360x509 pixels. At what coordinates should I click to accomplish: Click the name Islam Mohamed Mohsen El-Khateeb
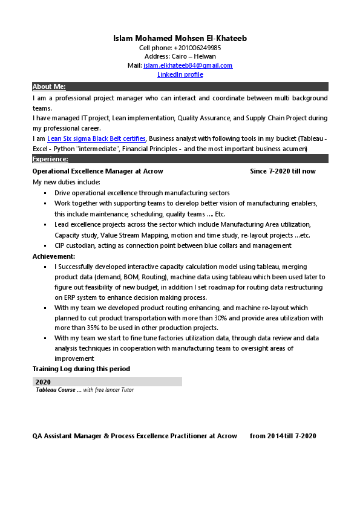180,39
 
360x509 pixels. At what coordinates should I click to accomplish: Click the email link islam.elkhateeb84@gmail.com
188,65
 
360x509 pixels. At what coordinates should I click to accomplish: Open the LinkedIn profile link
180,74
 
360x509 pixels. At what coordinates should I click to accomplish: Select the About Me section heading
49,86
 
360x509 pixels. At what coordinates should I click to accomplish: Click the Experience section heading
50,159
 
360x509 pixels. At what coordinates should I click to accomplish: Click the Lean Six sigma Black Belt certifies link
96,138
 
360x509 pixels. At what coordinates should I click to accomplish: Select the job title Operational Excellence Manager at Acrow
97,171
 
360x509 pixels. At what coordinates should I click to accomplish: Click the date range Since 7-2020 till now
283,171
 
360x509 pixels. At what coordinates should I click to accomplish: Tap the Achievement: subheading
54,256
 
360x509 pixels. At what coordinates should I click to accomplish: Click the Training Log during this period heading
81,369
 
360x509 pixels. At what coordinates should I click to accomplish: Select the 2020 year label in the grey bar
43,382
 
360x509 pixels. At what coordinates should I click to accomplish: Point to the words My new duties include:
66,182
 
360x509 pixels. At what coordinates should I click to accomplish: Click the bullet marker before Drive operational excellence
45,193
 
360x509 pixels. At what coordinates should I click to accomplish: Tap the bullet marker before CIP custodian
45,246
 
